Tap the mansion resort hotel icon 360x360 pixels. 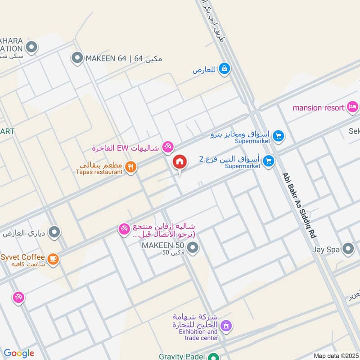[x=352, y=107]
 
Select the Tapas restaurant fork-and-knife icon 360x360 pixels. [x=130, y=167]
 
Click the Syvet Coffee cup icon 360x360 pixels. [x=53, y=259]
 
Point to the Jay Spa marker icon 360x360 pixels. [x=348, y=248]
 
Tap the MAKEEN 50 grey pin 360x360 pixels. [x=193, y=248]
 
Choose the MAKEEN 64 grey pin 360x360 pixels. [x=77, y=58]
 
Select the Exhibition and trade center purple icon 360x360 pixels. [x=226, y=325]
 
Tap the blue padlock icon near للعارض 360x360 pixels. [x=225, y=69]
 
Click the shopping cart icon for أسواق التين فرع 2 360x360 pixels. [x=269, y=160]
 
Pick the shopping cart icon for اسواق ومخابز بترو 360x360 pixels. [x=279, y=135]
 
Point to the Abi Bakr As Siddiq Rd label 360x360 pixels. [x=299, y=206]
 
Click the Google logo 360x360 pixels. [x=19, y=353]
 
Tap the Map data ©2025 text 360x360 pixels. [x=335, y=355]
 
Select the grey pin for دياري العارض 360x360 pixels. [x=54, y=232]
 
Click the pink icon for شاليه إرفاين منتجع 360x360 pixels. [x=124, y=229]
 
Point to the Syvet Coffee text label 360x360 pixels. [x=22, y=257]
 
